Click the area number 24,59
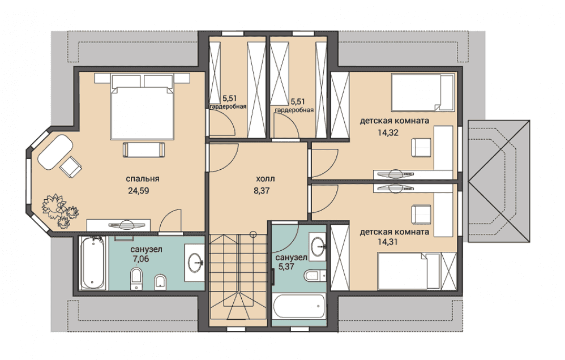click(x=138, y=191)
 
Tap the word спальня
click(x=142, y=179)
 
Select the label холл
click(x=265, y=179)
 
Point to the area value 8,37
click(x=262, y=191)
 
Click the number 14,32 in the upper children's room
click(x=388, y=132)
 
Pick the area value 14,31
click(x=388, y=242)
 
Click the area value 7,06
click(x=140, y=259)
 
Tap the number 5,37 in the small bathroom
click(x=286, y=267)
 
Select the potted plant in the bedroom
click(x=60, y=211)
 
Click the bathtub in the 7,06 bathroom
click(x=93, y=263)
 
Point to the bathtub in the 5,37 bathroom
click(x=299, y=307)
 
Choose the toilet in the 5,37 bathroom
click(x=314, y=276)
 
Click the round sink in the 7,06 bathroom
click(x=195, y=262)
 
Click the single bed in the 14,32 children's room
click(x=423, y=93)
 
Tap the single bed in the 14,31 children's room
click(x=409, y=271)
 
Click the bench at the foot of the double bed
click(x=143, y=149)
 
